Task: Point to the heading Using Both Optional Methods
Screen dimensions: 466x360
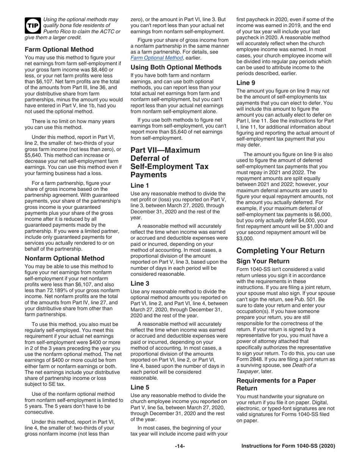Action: pos(176,67)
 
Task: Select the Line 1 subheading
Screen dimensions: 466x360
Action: pos(139,185)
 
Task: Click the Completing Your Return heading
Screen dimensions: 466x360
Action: pos(280,250)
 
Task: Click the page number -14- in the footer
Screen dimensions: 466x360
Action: pos(180,447)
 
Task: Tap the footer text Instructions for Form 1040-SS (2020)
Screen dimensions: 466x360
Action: pos(288,447)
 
